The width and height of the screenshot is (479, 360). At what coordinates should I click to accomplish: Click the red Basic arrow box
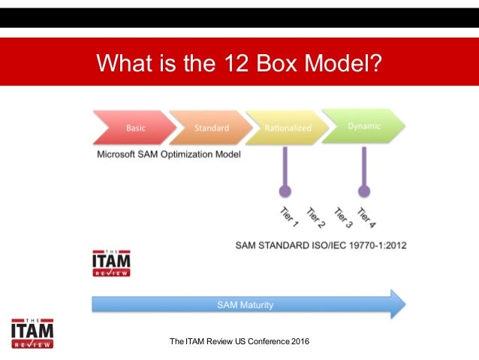point(133,128)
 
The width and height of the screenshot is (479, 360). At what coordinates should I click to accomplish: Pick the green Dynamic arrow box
point(363,126)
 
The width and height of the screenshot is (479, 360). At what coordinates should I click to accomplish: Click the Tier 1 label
point(289,218)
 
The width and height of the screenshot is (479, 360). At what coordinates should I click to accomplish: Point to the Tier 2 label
point(315,217)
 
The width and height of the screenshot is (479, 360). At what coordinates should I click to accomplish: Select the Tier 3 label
point(342,217)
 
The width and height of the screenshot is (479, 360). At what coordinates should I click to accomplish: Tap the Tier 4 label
point(366,217)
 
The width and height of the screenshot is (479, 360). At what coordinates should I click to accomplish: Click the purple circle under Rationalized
point(285,191)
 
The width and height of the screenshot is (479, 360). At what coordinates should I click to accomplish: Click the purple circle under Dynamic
point(364,191)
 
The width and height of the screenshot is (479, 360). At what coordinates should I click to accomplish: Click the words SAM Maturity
point(246,305)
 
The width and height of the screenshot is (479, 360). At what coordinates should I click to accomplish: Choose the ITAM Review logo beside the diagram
point(110,263)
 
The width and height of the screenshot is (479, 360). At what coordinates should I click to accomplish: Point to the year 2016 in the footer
point(298,343)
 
